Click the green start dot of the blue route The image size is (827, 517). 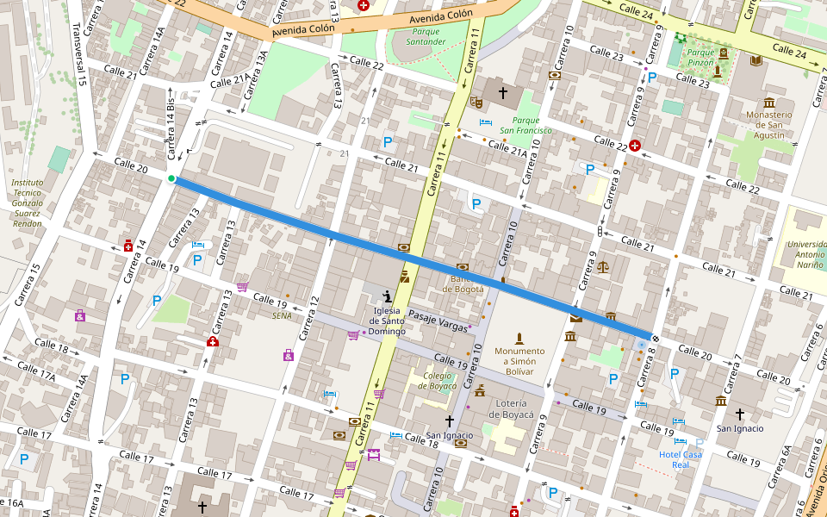point(171,179)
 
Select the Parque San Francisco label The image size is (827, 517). point(525,125)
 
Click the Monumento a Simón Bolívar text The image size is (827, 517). point(519,356)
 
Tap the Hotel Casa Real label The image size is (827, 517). point(681,458)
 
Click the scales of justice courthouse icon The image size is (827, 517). point(602,266)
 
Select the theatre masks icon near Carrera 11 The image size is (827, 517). point(475,102)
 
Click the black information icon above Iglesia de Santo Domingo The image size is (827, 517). point(387,297)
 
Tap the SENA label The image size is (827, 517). point(282,315)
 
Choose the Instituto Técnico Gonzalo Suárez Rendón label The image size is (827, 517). point(28,203)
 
